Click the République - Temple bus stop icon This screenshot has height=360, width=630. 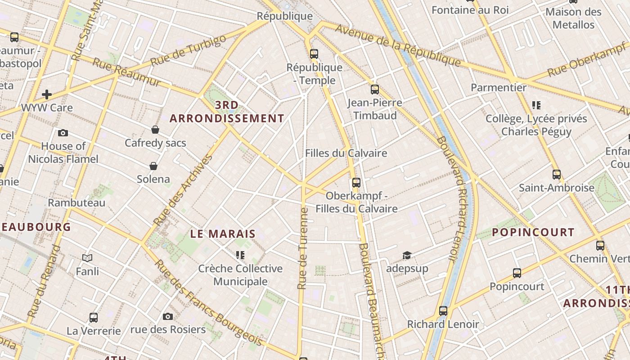(314, 54)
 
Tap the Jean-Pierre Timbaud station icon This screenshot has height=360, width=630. (374, 89)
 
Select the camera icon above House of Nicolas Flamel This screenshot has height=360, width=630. (63, 133)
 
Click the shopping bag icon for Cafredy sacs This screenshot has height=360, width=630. (155, 130)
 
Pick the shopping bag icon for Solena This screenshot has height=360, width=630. (153, 166)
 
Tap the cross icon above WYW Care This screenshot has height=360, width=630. (46, 94)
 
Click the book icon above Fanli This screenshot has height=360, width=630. (87, 258)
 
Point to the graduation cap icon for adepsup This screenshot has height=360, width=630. (407, 255)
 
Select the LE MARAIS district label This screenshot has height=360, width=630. (223, 234)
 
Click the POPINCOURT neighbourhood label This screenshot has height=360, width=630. (533, 232)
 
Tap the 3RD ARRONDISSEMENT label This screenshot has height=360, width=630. (227, 112)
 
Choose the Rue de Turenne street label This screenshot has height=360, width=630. (302, 248)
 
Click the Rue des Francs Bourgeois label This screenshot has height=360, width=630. (202, 306)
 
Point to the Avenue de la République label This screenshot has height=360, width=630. (398, 45)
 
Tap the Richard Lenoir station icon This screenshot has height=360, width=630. (443, 310)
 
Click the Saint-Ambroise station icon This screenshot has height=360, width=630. (557, 174)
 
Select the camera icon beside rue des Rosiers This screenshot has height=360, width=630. (168, 316)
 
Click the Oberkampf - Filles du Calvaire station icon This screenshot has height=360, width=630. (356, 182)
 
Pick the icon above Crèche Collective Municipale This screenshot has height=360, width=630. (240, 255)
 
